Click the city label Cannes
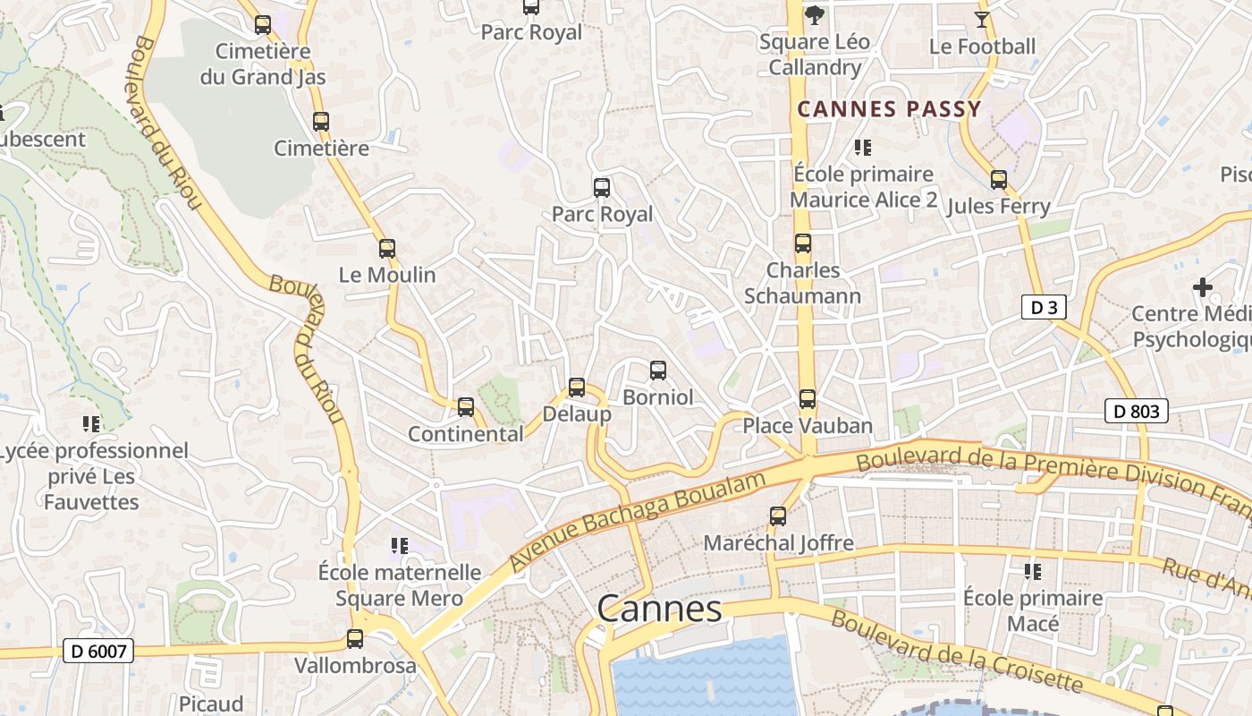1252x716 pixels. tap(659, 609)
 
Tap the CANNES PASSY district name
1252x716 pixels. tap(889, 109)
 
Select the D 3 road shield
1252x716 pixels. tap(1044, 308)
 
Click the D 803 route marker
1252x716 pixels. tap(1137, 411)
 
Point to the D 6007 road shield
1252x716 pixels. tap(98, 652)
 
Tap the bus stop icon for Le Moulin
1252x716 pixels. tap(387, 249)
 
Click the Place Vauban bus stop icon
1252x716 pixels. tap(808, 399)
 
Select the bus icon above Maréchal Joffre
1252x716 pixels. tap(778, 516)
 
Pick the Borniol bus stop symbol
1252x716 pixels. tap(658, 371)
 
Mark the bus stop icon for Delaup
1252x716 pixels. tap(577, 388)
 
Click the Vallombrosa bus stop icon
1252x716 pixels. tap(355, 639)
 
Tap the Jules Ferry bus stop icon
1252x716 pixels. tap(999, 180)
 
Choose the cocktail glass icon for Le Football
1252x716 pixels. tap(982, 19)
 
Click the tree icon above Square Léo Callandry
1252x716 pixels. tap(814, 14)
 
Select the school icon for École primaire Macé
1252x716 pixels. tap(1033, 571)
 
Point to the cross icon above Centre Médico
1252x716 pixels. tap(1203, 287)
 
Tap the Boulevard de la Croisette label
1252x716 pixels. tap(956, 652)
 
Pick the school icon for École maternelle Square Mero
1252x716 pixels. tap(400, 545)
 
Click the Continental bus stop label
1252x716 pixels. tap(466, 434)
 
